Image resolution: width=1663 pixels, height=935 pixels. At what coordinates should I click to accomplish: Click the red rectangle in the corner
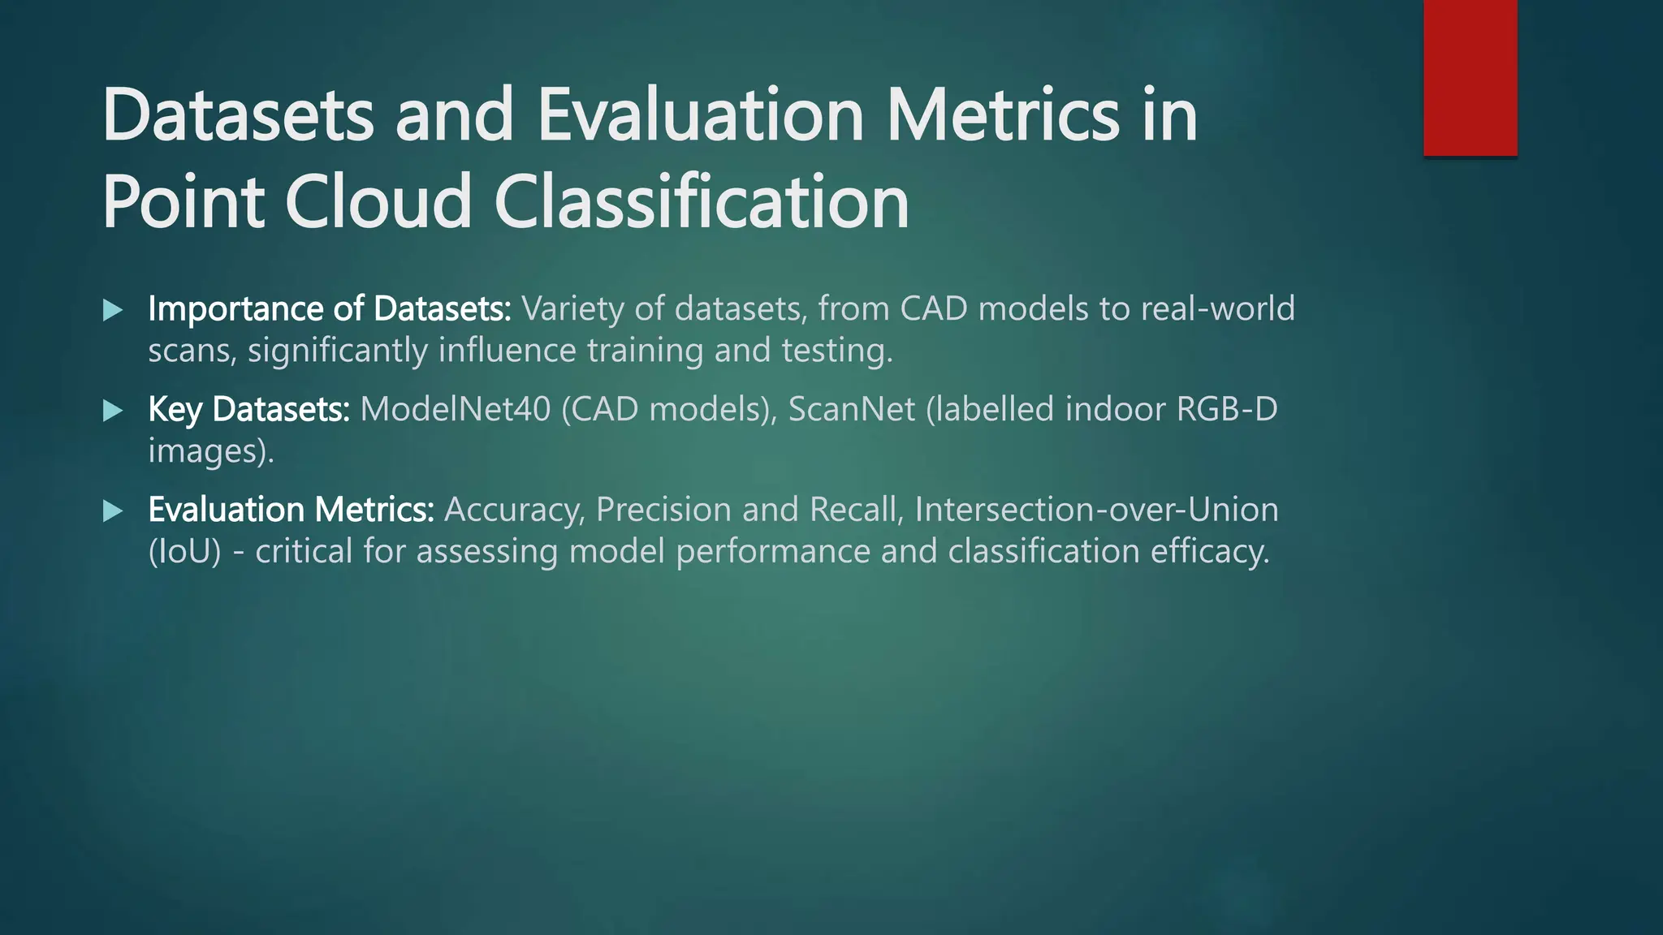pos(1470,78)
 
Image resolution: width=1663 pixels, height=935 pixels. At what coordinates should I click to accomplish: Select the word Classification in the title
pos(702,202)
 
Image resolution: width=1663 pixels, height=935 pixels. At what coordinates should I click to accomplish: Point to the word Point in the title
pos(184,202)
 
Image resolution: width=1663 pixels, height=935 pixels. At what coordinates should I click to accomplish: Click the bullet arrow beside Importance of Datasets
pos(113,310)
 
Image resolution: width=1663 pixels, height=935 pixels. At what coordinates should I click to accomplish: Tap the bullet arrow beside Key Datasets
pos(113,411)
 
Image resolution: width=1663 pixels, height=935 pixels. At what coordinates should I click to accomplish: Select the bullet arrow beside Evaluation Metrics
pos(113,511)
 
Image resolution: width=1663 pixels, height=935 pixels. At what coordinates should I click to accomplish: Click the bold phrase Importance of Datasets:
pos(329,309)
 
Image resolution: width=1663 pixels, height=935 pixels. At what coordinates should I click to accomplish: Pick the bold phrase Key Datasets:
pos(248,410)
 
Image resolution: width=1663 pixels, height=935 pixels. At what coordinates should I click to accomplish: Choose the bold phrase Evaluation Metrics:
pos(291,510)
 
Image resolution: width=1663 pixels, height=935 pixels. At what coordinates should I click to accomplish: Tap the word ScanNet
pos(852,409)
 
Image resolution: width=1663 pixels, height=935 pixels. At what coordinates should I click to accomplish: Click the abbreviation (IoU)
pos(184,552)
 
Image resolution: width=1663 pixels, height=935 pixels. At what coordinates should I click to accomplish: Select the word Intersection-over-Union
pos(1096,510)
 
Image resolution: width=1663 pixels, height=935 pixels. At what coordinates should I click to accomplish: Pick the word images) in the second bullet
pos(210,451)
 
